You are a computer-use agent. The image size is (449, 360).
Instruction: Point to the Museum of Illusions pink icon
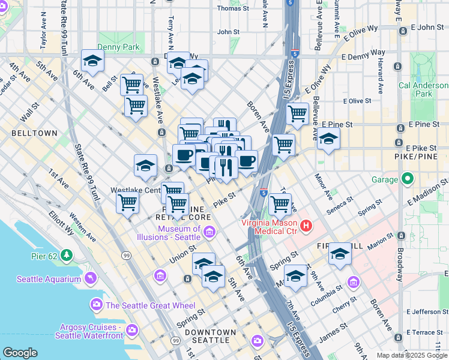(x=209, y=232)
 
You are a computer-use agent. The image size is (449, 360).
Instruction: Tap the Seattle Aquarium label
(x=49, y=279)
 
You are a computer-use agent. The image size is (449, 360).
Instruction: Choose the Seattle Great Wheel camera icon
(x=97, y=305)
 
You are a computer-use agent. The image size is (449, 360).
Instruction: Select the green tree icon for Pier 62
(x=66, y=256)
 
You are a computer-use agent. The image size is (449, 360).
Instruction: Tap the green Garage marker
(x=408, y=179)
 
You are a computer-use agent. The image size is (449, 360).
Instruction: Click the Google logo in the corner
(x=20, y=353)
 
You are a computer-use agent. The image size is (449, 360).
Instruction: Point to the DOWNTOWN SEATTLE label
(x=210, y=332)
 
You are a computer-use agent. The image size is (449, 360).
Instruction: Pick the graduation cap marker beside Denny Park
(x=92, y=60)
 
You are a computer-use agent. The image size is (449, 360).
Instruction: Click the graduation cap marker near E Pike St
(x=328, y=139)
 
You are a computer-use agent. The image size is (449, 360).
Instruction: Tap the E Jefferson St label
(x=427, y=311)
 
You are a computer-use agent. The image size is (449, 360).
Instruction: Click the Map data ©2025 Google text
(x=411, y=355)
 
